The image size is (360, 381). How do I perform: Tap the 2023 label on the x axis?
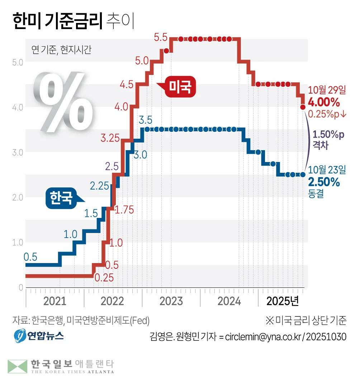(171, 301)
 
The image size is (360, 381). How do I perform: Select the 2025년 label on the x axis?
(283, 301)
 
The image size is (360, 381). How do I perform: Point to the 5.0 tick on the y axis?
(18, 62)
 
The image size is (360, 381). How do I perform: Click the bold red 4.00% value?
(324, 103)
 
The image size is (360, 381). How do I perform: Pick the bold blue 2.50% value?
(324, 182)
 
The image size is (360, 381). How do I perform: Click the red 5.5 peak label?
(161, 37)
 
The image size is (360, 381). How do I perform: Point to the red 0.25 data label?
(104, 277)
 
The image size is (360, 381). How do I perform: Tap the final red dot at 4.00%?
(303, 107)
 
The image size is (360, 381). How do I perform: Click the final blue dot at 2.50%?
(303, 175)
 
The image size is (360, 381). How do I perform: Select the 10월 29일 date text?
(324, 90)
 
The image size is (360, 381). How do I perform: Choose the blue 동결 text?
(316, 194)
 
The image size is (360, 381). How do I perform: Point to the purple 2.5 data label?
(111, 166)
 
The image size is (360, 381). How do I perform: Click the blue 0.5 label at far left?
(30, 257)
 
